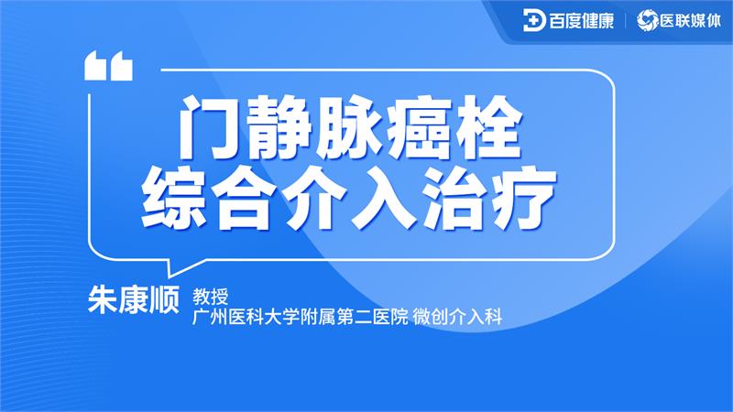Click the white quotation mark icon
[x=108, y=67]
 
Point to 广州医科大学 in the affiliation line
[x=240, y=317]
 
